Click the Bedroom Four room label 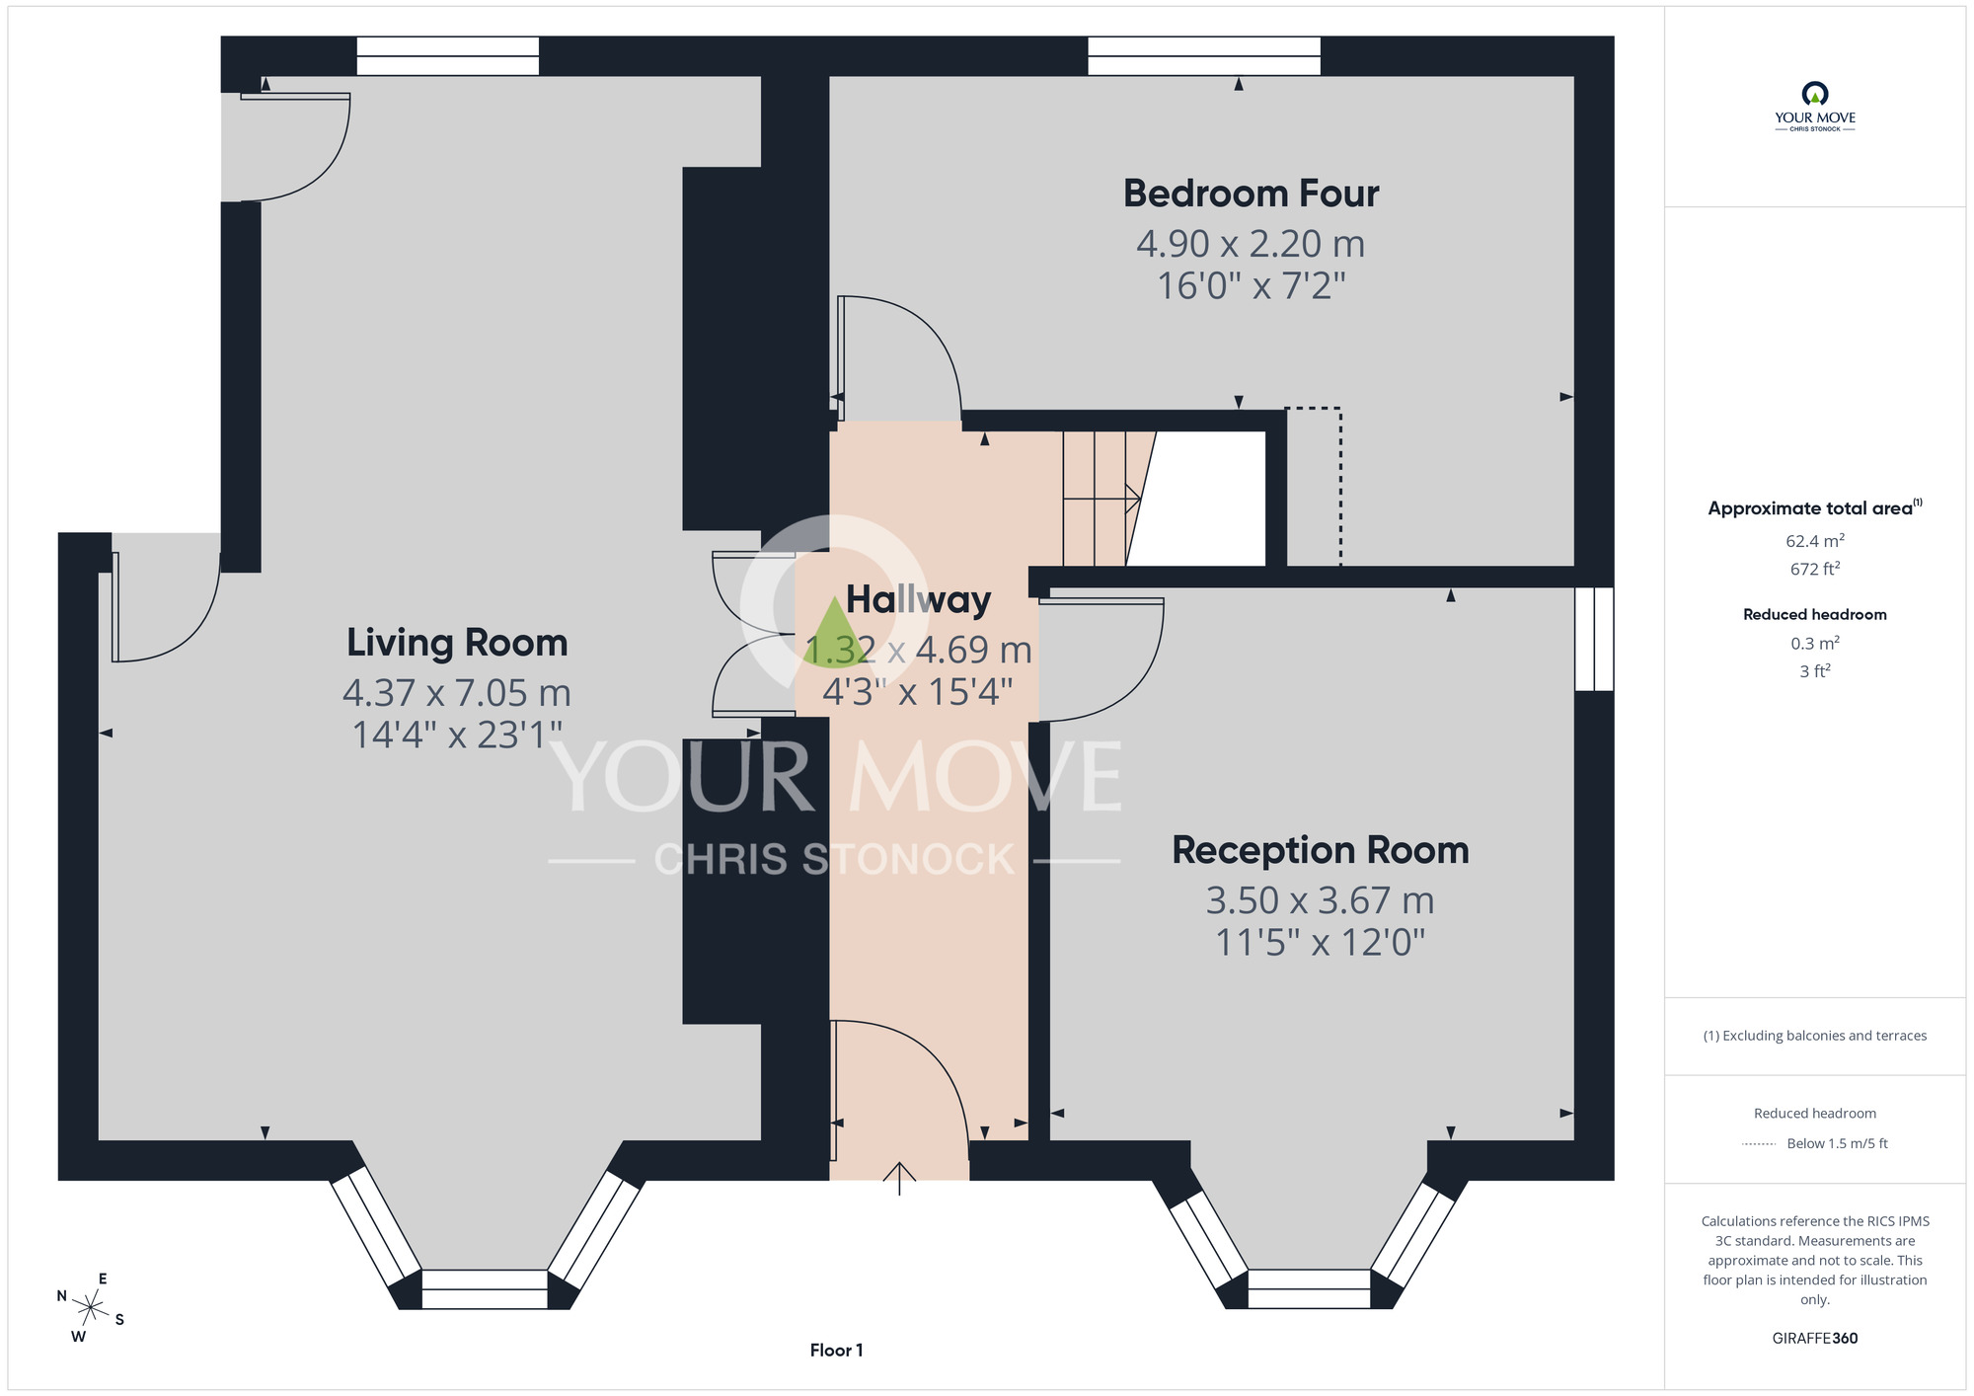click(1251, 194)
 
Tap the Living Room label click(457, 643)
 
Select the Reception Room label click(1321, 850)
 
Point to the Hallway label click(918, 600)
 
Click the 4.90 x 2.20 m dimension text click(1251, 243)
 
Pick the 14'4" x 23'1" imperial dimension click(457, 735)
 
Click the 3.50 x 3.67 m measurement click(1321, 900)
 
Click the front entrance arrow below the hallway click(899, 1178)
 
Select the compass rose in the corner click(91, 1309)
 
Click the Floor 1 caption click(836, 1350)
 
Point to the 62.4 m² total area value click(1815, 540)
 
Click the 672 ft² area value click(1815, 569)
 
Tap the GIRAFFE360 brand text click(1815, 1339)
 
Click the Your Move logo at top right click(1815, 107)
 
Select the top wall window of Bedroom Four click(1204, 56)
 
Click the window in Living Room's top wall click(448, 56)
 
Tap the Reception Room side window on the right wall click(1594, 639)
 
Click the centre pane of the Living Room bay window click(485, 1289)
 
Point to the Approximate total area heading click(1815, 507)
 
